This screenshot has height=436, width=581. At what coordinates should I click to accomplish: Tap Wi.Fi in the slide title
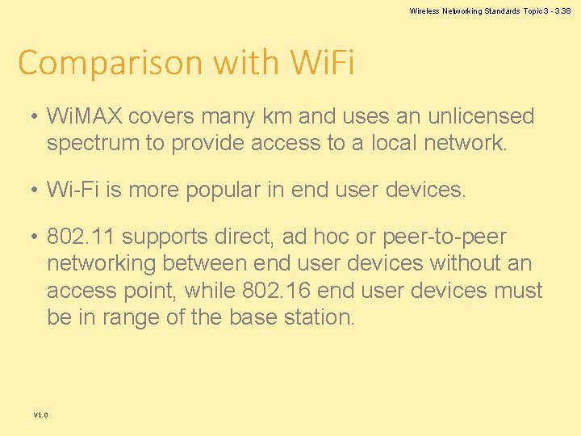(316, 61)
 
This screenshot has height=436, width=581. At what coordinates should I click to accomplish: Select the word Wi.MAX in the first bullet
(84, 117)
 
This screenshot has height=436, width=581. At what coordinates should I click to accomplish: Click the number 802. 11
(82, 237)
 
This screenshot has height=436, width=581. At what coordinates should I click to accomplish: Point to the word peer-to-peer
(446, 237)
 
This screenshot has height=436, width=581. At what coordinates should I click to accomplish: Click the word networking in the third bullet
(102, 264)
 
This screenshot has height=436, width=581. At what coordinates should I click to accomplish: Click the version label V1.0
(41, 415)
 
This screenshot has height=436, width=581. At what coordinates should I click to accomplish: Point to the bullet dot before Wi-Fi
(34, 191)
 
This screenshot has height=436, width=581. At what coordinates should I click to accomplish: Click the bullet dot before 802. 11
(34, 238)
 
